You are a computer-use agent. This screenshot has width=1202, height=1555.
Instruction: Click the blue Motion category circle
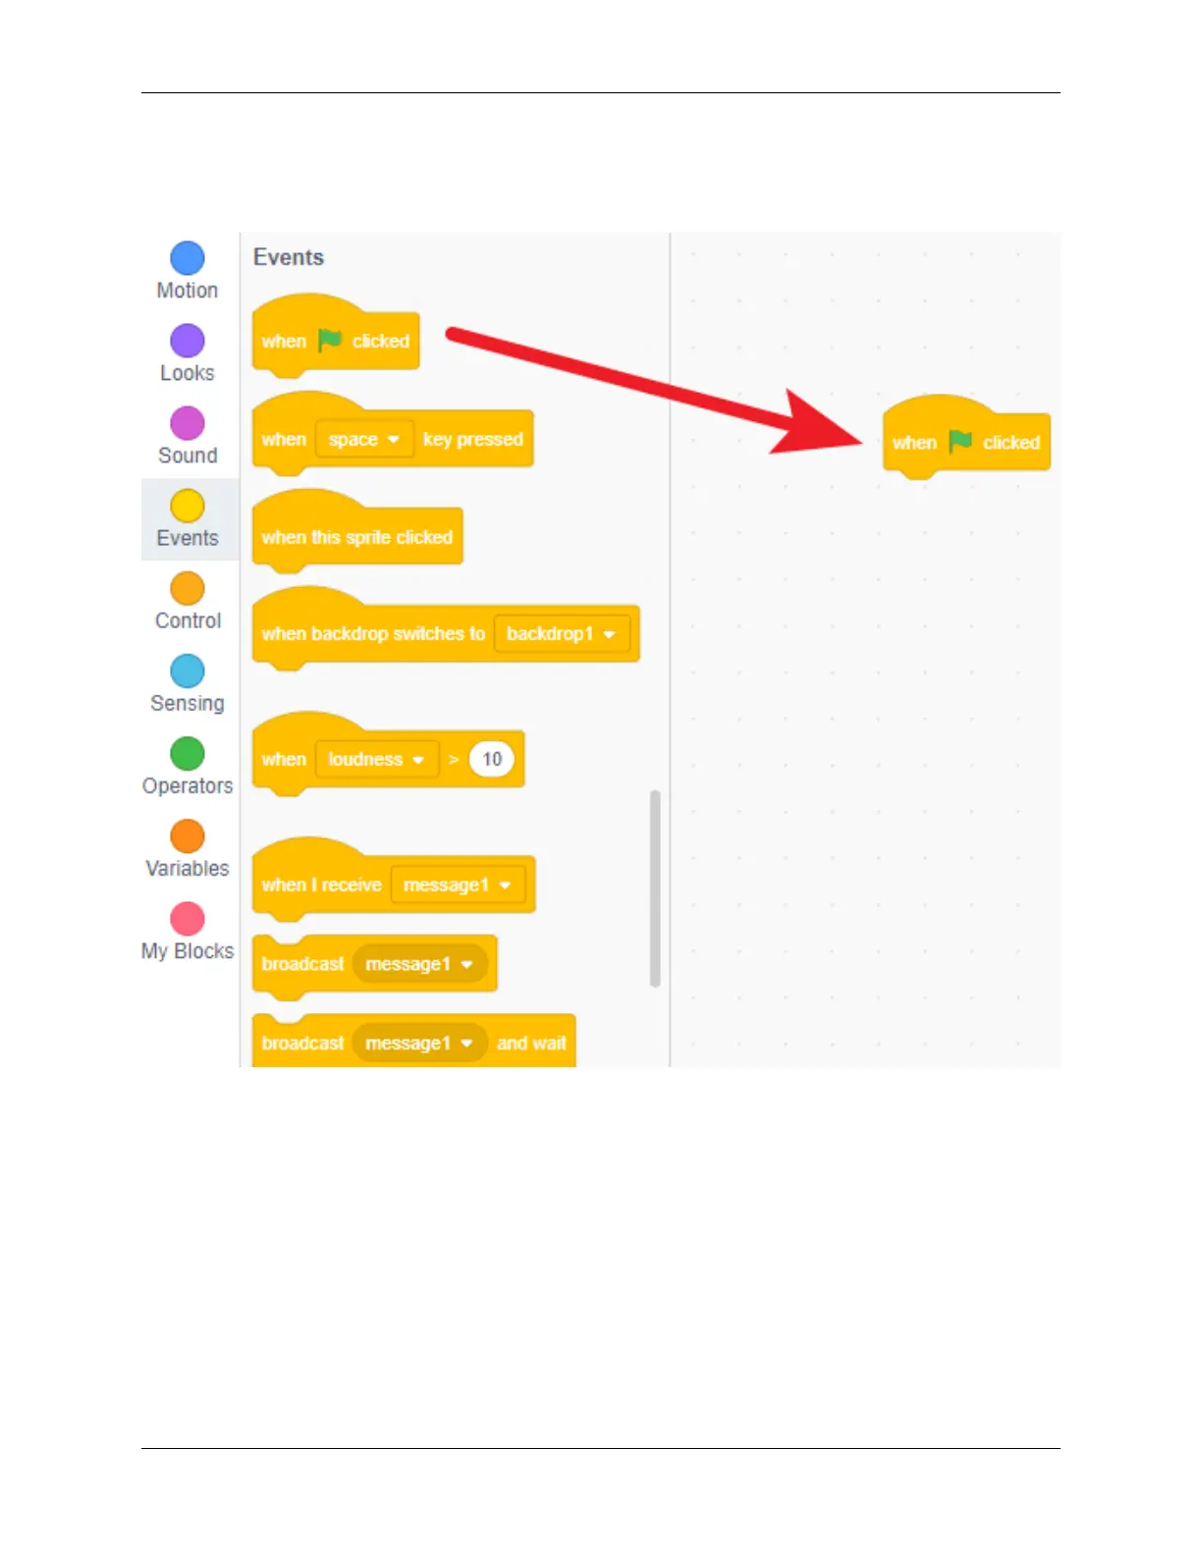tap(188, 258)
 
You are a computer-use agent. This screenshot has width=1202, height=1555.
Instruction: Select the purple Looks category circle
tap(188, 341)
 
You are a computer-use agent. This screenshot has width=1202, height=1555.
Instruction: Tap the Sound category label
tap(188, 456)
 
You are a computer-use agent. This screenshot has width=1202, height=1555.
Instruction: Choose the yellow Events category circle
tap(188, 506)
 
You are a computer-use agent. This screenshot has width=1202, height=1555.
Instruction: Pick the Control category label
tap(188, 620)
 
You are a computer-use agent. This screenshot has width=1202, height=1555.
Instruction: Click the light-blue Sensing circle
tap(188, 671)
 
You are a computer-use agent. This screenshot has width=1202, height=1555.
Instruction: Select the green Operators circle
tap(188, 754)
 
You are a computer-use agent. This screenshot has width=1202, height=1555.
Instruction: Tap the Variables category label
tap(188, 869)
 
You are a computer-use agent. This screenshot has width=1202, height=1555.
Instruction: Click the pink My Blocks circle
tap(188, 919)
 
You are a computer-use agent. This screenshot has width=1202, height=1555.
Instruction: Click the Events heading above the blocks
tap(289, 257)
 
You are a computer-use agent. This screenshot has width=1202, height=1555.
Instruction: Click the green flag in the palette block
tap(330, 340)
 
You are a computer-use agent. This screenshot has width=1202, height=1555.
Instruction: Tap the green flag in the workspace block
tap(960, 442)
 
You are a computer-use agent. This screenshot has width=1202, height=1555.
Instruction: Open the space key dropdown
tap(364, 440)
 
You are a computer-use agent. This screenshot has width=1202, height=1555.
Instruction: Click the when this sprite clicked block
tap(357, 537)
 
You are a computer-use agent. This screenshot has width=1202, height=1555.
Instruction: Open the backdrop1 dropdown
tap(562, 634)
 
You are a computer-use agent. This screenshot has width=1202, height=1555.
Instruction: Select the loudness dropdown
tap(376, 760)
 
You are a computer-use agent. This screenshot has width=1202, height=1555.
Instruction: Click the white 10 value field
tap(492, 759)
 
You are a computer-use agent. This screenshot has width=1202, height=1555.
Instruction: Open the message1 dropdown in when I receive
tap(458, 885)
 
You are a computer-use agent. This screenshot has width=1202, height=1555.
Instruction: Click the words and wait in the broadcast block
tap(531, 1044)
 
